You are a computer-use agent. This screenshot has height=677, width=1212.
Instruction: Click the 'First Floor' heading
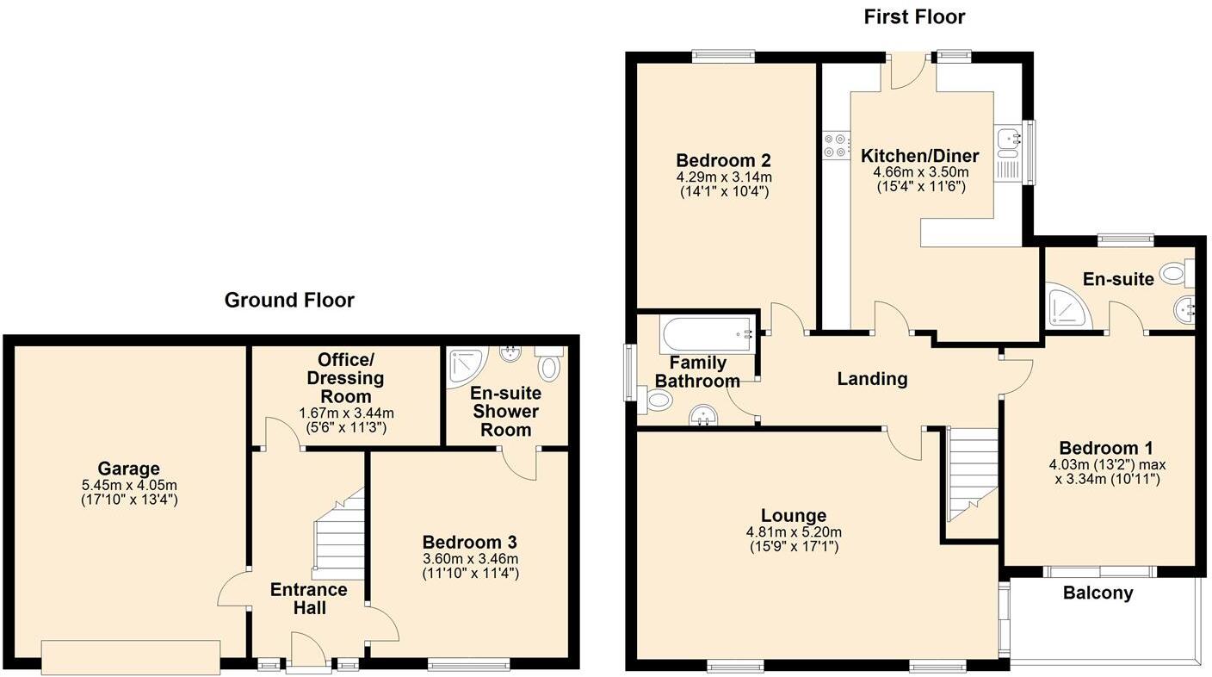tap(914, 16)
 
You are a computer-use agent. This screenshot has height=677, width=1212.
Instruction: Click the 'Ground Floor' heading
tap(289, 300)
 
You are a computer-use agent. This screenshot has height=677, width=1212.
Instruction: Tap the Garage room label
tap(128, 469)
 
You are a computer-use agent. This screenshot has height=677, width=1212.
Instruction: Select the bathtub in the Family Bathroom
tap(707, 332)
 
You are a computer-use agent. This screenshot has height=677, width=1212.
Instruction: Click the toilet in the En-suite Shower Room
tap(548, 365)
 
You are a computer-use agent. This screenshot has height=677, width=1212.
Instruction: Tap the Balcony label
tap(1098, 593)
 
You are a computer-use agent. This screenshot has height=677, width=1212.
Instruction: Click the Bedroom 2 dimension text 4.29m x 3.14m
tap(723, 177)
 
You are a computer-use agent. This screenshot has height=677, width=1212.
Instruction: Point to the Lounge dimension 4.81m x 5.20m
tap(794, 531)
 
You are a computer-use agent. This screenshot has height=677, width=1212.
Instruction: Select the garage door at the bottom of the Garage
tap(130, 656)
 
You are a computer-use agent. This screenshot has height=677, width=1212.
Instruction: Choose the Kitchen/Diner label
tap(920, 156)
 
